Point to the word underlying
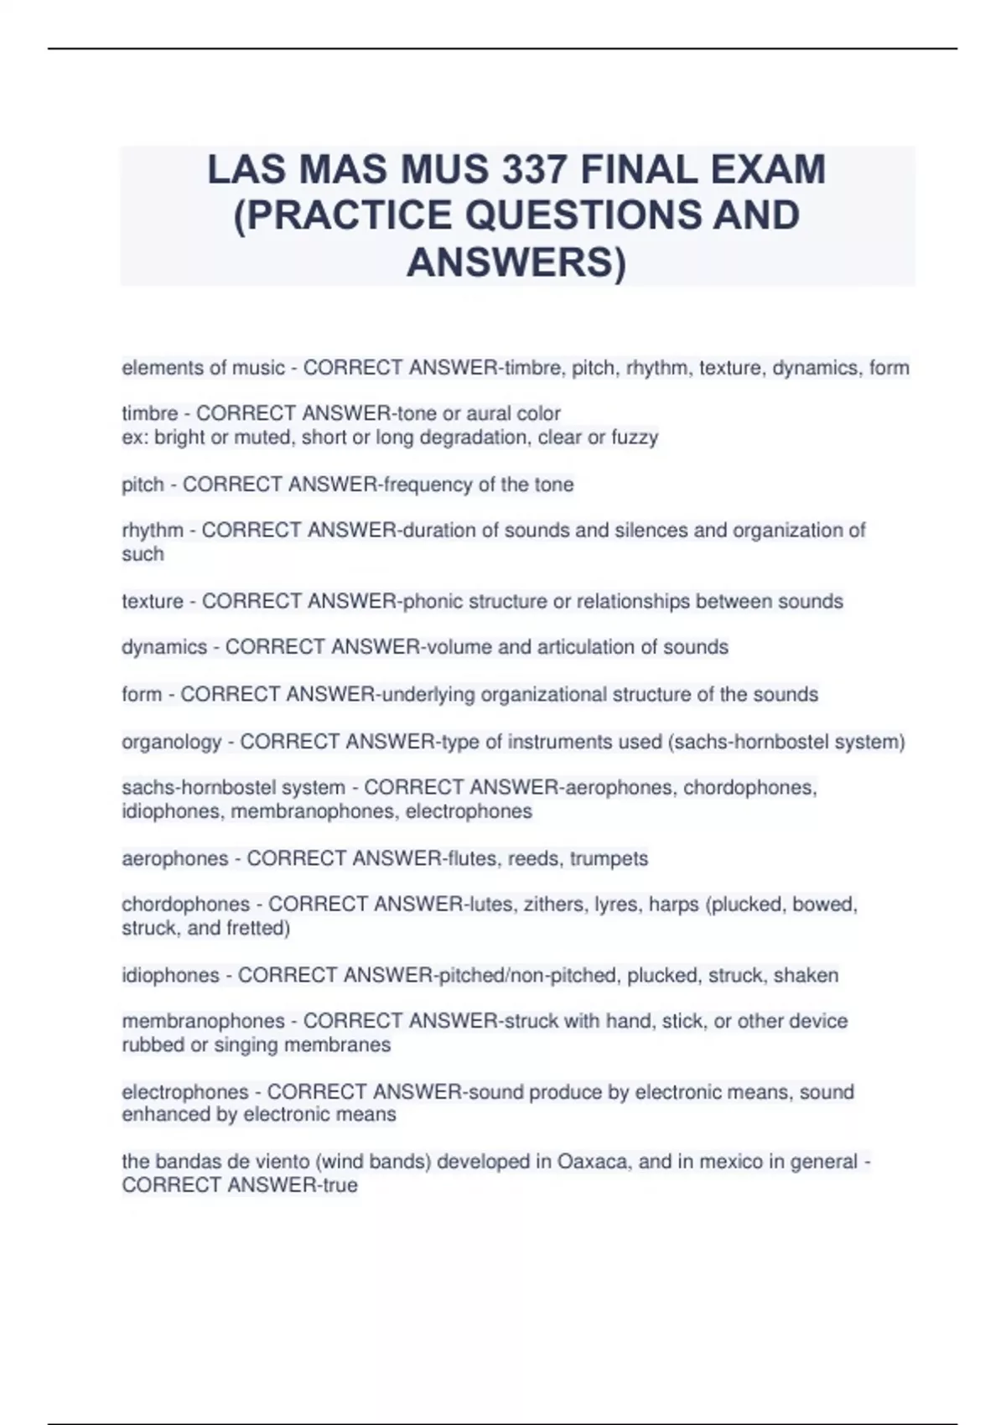(428, 695)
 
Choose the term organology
(172, 742)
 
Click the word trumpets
(609, 858)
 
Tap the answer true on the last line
(341, 1185)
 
